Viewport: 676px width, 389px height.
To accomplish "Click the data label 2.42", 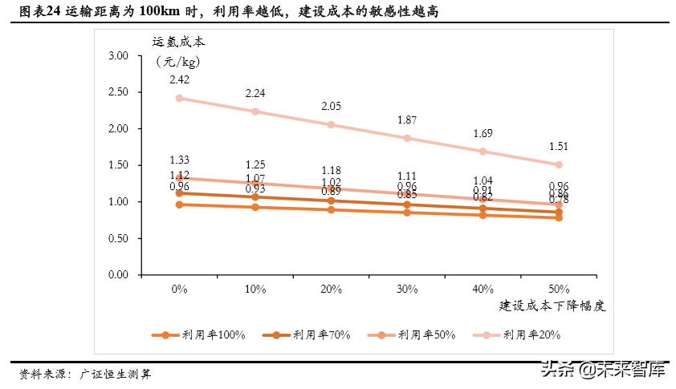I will [179, 80].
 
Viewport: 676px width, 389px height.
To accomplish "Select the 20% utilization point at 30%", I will [407, 138].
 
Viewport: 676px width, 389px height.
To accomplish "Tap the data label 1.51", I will [559, 146].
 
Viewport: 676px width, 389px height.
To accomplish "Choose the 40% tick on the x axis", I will [483, 289].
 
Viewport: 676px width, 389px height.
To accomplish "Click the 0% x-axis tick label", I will [179, 289].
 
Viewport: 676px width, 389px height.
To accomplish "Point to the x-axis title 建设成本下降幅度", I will [552, 306].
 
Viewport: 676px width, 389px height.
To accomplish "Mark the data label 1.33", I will [179, 160].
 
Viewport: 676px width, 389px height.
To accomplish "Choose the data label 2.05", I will [331, 107].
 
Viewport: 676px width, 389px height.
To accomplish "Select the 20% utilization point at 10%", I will [255, 111].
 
